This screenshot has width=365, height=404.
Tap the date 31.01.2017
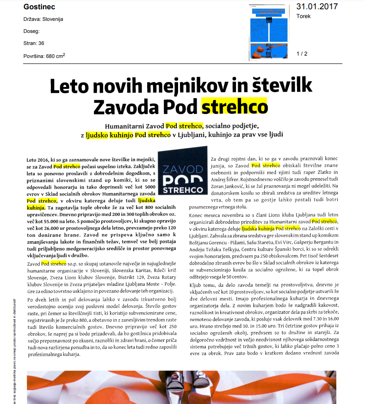tap(317, 6)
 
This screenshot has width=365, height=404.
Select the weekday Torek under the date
tap(303, 16)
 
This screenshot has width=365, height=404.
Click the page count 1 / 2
tap(302, 54)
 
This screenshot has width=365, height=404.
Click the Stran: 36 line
tap(34, 44)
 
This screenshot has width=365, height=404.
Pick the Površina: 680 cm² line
tap(44, 56)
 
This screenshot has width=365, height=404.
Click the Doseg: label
tap(31, 32)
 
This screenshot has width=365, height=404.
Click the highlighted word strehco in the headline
tap(235, 106)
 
